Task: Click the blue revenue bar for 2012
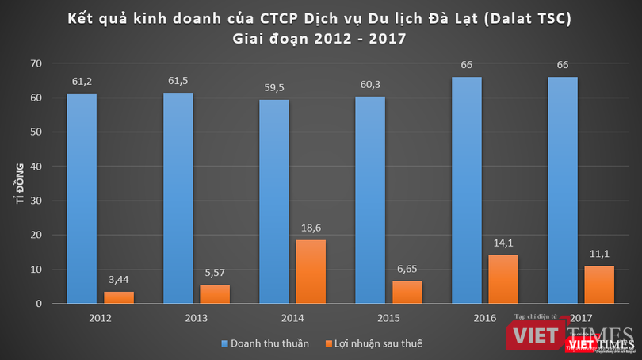[x=82, y=198]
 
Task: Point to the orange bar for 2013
[x=215, y=293]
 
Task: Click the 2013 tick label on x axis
[x=196, y=318]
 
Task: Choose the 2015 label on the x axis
[x=388, y=318]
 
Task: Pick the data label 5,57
[x=215, y=271]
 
